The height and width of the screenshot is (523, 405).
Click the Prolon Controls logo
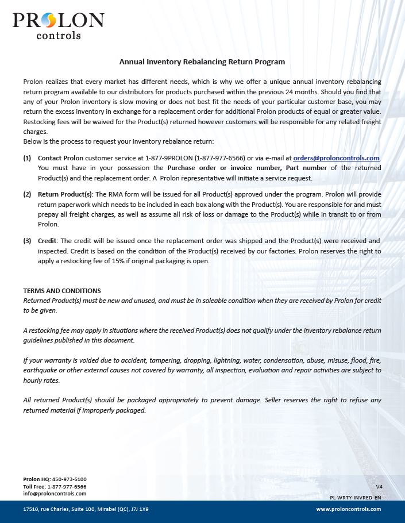pyautogui.click(x=58, y=26)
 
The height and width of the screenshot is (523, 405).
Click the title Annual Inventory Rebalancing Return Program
pyautogui.click(x=202, y=61)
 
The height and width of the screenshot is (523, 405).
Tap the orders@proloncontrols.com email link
pyautogui.click(x=336, y=158)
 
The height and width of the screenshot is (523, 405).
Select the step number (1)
pyautogui.click(x=28, y=158)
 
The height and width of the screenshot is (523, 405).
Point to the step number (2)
pyautogui.click(x=28, y=194)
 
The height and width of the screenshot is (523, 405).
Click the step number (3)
pyautogui.click(x=28, y=241)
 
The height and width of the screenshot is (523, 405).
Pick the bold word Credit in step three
pyautogui.click(x=47, y=241)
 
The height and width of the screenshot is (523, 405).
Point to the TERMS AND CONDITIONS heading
pyautogui.click(x=62, y=291)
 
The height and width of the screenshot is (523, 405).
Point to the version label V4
pyautogui.click(x=379, y=486)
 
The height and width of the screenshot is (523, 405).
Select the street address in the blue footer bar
pyautogui.click(x=86, y=509)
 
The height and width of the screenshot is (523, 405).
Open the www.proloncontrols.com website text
pyautogui.click(x=349, y=509)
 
